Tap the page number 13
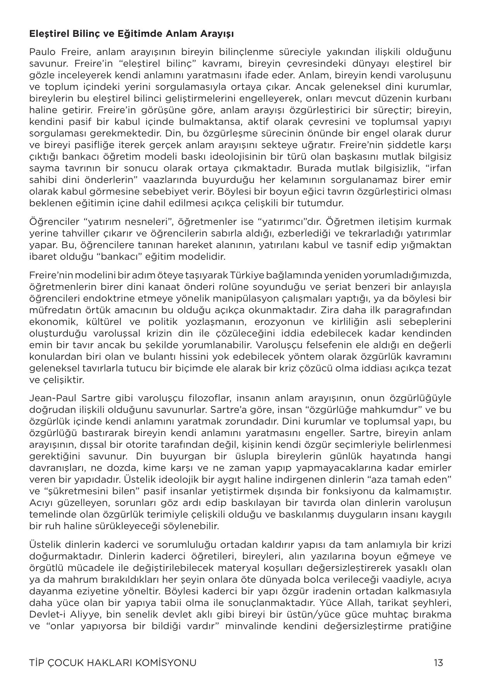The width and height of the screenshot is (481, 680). point(438,663)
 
